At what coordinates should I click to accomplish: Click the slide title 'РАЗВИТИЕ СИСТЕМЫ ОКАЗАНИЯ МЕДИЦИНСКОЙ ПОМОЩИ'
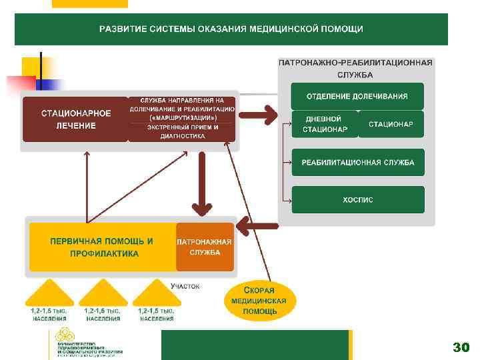(x=231, y=29)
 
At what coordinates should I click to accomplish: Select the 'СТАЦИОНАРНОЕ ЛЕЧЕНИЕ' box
(x=75, y=119)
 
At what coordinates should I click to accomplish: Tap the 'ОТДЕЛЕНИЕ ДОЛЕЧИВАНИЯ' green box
(x=357, y=96)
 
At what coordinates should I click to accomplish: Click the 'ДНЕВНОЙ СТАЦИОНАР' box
(x=325, y=124)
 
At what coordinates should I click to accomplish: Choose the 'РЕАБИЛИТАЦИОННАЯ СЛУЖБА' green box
(x=357, y=163)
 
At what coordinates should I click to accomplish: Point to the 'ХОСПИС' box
(x=357, y=199)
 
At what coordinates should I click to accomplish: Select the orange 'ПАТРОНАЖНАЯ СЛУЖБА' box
(x=205, y=247)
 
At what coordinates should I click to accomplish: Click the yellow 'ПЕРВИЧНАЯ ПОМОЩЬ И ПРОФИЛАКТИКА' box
(x=102, y=247)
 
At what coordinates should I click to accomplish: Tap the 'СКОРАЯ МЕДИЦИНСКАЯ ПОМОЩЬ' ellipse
(x=259, y=301)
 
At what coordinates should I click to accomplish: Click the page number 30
(x=461, y=347)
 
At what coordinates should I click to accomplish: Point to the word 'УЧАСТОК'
(x=185, y=286)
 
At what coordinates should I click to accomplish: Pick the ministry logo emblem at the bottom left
(x=64, y=335)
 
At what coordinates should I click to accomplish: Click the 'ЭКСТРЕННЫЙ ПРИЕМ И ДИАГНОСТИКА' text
(x=182, y=131)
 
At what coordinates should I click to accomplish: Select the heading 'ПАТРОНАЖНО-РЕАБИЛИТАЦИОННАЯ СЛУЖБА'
(x=355, y=68)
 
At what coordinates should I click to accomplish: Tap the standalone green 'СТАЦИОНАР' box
(x=391, y=124)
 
